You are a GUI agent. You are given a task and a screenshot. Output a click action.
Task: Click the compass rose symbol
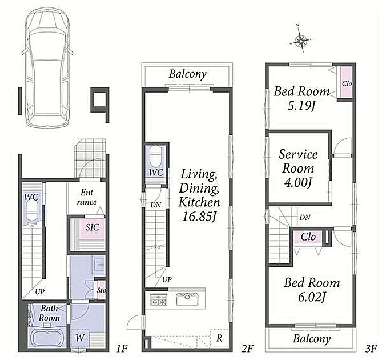[x=301, y=41]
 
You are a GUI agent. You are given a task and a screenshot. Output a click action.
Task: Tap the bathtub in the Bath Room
[x=47, y=338]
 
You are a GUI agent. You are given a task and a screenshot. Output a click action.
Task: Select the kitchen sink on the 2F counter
[x=187, y=299]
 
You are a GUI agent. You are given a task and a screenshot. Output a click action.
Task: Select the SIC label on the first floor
[x=92, y=227]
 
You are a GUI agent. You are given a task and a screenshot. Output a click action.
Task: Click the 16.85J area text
[x=199, y=217]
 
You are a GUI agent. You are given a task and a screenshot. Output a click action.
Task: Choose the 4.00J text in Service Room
[x=298, y=182]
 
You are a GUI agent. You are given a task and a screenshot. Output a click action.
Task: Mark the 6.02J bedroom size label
[x=312, y=297]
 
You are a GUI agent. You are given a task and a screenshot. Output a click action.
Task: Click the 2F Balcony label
[x=188, y=74]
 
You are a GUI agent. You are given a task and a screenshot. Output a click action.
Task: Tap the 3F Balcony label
[x=312, y=338]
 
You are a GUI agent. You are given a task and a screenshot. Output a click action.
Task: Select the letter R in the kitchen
[x=219, y=338]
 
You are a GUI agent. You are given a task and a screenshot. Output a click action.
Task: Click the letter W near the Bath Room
[x=80, y=338]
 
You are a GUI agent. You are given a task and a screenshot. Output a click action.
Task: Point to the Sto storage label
[x=101, y=290]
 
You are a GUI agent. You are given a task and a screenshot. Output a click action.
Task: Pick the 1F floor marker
[x=122, y=349]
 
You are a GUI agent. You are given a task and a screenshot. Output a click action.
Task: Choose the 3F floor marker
[x=371, y=349]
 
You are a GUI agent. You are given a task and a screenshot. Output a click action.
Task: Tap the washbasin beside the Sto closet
[x=100, y=265]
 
